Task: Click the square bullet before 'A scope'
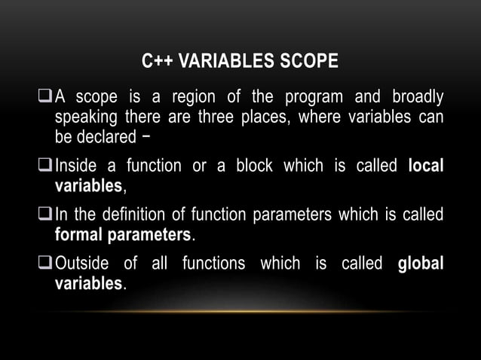(44, 98)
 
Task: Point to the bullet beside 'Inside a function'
(44, 166)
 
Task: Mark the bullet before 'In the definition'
(44, 215)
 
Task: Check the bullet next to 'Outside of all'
(44, 264)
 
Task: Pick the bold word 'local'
(425, 166)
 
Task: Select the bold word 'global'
(420, 264)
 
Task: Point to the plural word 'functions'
(216, 264)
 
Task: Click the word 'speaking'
(84, 117)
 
